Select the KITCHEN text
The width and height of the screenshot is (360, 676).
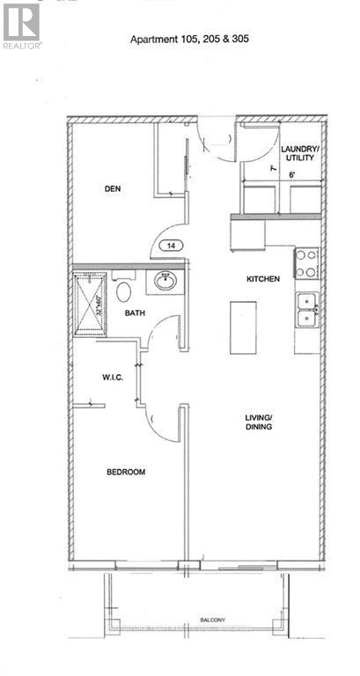pos(262,279)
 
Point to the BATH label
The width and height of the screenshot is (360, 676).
pos(135,312)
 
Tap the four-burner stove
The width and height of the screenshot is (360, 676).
pos(305,261)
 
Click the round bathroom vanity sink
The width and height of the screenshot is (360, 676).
pos(165,282)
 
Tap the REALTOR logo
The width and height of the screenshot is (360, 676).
pos(21,26)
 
